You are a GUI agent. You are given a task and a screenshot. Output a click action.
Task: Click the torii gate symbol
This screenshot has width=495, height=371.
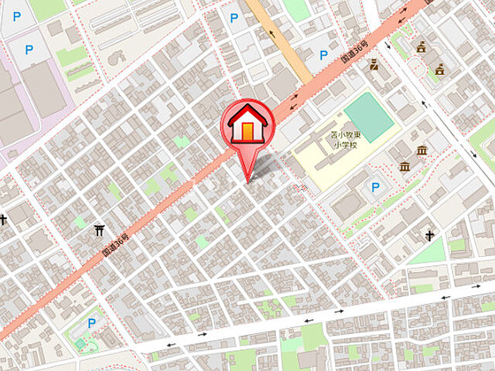pos(98,230)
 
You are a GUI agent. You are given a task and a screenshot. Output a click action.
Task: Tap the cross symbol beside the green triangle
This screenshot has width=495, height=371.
pos(428,235)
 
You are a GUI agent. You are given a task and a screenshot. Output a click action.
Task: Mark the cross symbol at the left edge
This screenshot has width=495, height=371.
pos(3,220)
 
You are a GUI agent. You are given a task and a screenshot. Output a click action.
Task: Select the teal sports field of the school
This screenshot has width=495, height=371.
pos(369,117)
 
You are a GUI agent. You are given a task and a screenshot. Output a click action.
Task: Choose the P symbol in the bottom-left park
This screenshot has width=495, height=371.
pos(92,323)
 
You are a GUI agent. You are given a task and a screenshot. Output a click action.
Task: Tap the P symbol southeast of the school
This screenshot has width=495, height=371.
pos(376,187)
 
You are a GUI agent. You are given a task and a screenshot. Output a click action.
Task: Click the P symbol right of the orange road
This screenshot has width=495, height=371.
pos(324,55)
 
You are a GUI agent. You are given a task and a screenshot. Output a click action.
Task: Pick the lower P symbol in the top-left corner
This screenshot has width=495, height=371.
pos(29,50)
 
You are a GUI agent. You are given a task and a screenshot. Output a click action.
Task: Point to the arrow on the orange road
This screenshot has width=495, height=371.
pos(271,33)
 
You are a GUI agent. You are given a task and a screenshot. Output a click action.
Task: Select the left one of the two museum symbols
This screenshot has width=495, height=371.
pos(405,165)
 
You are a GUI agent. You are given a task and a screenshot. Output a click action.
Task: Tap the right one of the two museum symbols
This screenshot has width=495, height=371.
pos(422,150)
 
